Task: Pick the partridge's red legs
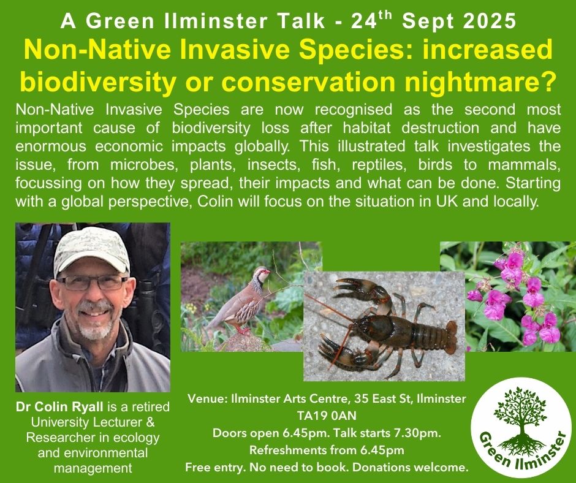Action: tap(242, 330)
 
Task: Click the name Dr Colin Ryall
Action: tap(59, 406)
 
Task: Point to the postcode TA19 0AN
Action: tap(327, 416)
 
